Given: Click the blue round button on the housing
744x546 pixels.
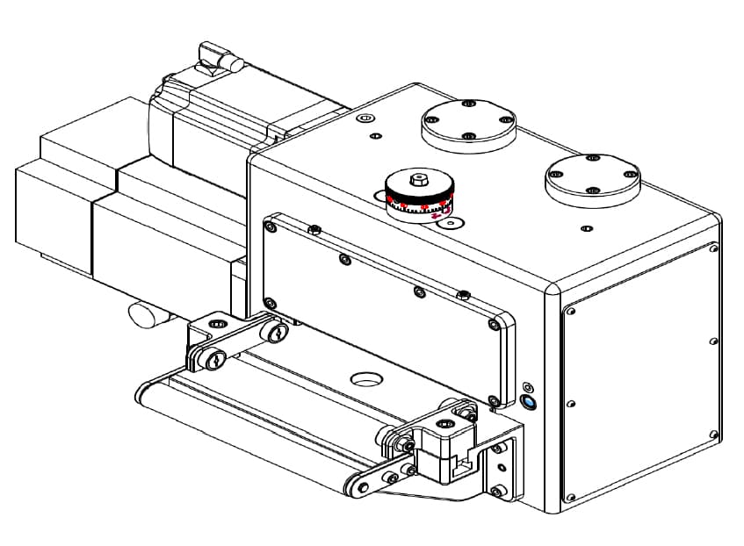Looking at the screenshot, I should pyautogui.click(x=528, y=402).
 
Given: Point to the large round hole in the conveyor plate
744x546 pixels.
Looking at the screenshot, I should pyautogui.click(x=367, y=379).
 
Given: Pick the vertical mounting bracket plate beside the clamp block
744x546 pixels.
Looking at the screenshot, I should pyautogui.click(x=499, y=465).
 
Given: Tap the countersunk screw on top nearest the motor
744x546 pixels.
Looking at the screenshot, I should pyautogui.click(x=366, y=117).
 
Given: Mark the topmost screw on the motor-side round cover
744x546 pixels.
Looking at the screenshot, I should pyautogui.click(x=467, y=104).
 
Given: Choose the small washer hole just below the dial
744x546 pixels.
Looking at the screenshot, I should pyautogui.click(x=451, y=225).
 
